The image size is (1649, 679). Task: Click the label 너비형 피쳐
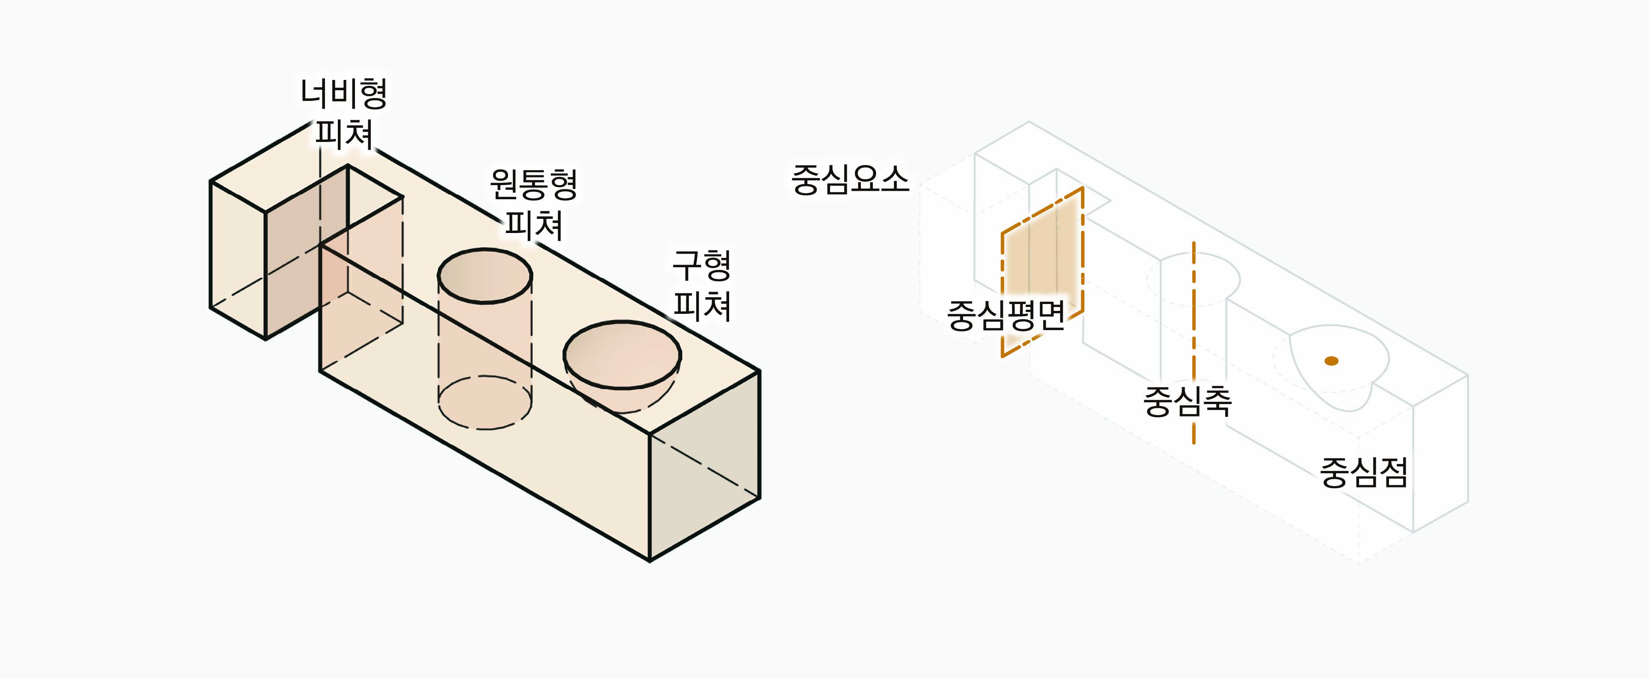344,114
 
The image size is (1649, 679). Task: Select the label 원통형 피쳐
533,205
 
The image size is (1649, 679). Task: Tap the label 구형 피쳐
702,286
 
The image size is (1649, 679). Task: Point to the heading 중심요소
849,180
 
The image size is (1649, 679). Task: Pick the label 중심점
1363,473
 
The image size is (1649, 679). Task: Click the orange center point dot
1332,361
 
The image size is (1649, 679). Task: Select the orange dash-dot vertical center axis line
1194,345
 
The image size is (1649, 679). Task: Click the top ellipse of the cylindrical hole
485,276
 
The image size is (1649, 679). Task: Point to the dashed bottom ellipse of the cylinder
485,403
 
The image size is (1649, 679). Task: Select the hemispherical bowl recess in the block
622,358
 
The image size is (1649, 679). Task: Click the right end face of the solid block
704,467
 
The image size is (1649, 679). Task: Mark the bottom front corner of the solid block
650,561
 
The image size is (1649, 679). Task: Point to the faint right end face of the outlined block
1440,455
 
